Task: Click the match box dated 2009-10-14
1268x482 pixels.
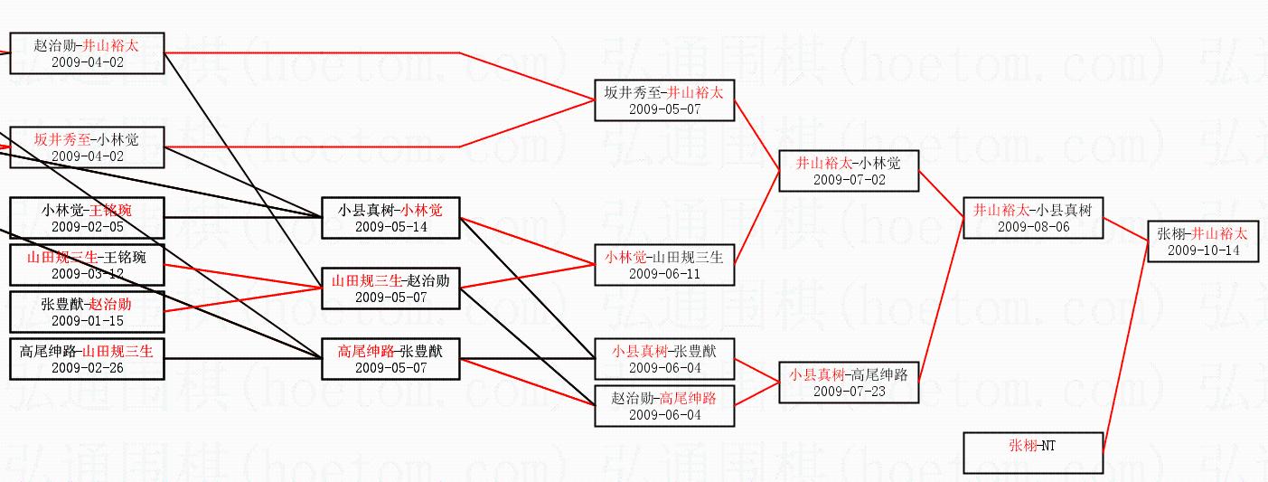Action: click(x=1202, y=241)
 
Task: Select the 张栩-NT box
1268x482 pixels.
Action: click(x=1033, y=452)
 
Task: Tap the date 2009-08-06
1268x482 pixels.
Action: click(x=1033, y=226)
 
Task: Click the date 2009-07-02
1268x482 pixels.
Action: click(x=849, y=179)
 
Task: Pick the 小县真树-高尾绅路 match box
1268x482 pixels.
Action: click(x=849, y=382)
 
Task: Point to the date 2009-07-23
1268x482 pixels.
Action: click(x=849, y=391)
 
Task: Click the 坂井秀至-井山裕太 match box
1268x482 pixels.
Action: click(x=664, y=99)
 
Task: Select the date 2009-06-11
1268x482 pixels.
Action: click(x=664, y=273)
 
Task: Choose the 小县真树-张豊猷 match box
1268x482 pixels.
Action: click(x=664, y=358)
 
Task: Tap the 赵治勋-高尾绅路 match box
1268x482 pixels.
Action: click(x=664, y=405)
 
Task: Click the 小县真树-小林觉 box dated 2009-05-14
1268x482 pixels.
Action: click(x=390, y=217)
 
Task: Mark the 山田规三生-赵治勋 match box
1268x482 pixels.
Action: click(x=390, y=288)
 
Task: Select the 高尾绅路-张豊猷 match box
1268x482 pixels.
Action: click(x=390, y=358)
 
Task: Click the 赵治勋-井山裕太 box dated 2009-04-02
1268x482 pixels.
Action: click(x=87, y=52)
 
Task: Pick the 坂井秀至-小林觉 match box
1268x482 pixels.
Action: click(x=87, y=146)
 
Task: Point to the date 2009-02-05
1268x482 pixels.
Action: click(x=87, y=226)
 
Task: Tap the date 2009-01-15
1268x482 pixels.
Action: click(x=87, y=320)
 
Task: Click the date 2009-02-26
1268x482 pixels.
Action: click(x=87, y=367)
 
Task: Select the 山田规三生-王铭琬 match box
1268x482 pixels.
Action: click(x=87, y=264)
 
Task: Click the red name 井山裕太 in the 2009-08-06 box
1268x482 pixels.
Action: click(x=1000, y=210)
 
